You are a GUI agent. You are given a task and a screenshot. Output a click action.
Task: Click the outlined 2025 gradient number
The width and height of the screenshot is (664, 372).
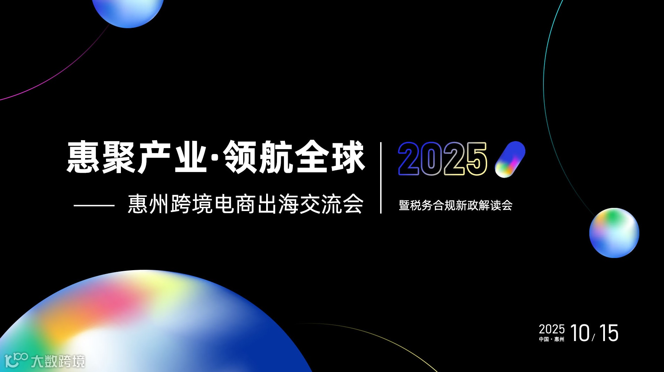[442, 159]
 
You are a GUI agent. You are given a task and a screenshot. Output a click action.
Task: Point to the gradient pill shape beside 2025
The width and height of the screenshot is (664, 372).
[510, 159]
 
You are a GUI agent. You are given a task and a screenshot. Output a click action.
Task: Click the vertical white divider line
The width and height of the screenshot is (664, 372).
[381, 177]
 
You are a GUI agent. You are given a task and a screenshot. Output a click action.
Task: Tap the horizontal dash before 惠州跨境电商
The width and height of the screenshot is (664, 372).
[94, 205]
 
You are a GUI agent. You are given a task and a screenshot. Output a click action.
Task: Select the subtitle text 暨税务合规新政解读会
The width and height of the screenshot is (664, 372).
[456, 205]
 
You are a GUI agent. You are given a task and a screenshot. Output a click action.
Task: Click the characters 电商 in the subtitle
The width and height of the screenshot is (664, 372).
[235, 204]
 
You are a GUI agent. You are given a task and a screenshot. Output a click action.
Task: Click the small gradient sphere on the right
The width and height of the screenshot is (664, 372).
[614, 233]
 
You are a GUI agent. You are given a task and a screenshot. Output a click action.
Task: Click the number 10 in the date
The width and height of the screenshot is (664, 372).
[580, 333]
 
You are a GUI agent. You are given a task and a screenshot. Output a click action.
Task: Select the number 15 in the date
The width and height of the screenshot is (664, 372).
[609, 333]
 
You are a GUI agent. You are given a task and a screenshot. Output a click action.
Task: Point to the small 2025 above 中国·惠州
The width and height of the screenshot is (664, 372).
[551, 329]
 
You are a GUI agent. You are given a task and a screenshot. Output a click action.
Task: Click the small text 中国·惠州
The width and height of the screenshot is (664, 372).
[551, 339]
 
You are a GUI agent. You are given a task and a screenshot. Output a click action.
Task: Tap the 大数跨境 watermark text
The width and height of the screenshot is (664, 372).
[58, 362]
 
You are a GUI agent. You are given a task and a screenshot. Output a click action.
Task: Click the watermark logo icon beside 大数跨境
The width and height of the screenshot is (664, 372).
[16, 360]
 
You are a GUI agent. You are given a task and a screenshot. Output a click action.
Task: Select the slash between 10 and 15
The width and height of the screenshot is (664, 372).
[594, 337]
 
